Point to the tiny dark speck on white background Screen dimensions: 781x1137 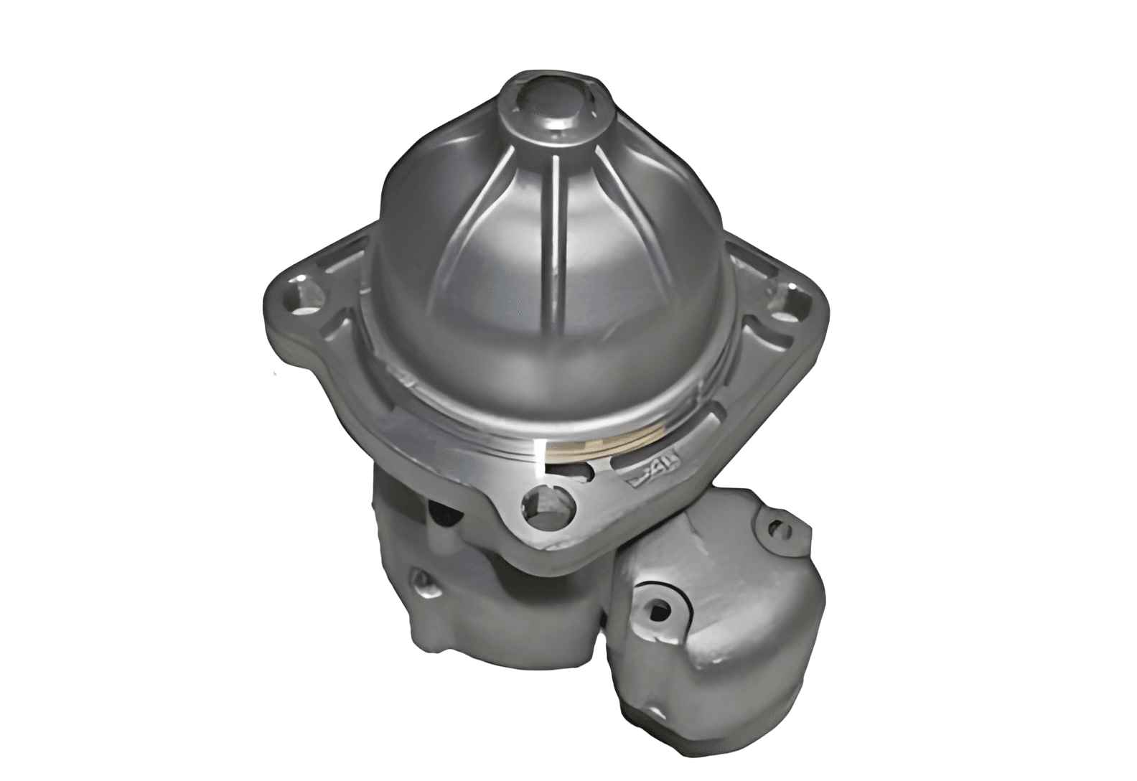pyautogui.click(x=274, y=374)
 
